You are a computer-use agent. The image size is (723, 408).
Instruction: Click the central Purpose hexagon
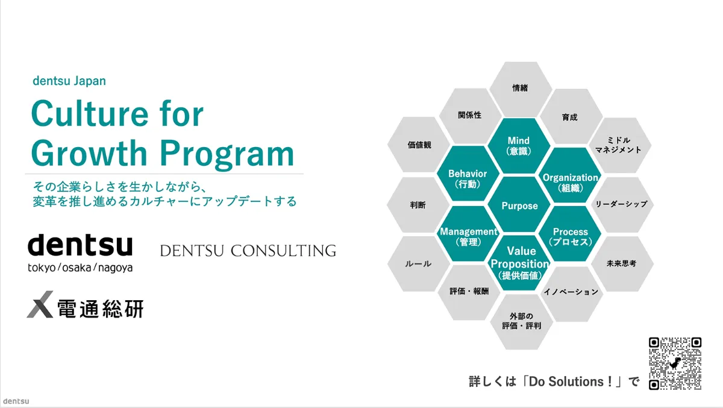click(519, 206)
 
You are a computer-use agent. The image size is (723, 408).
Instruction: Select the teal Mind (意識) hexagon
click(519, 146)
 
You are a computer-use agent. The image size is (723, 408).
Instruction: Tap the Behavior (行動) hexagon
click(468, 178)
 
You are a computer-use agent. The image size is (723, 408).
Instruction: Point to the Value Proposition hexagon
click(519, 263)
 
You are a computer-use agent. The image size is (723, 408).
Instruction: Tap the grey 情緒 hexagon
click(519, 88)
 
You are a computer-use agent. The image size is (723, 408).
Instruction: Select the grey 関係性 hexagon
click(469, 115)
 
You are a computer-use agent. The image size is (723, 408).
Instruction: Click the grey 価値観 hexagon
click(419, 145)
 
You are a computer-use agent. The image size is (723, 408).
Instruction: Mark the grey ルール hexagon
click(419, 263)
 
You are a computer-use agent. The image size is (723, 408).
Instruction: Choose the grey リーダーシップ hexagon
click(621, 204)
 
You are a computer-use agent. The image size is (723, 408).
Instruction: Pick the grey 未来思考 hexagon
click(621, 263)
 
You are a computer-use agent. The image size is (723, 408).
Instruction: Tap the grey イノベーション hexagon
click(571, 292)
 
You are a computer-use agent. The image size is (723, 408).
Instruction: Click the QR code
click(675, 363)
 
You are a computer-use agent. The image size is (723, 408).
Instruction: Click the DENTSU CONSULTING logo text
click(248, 251)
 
